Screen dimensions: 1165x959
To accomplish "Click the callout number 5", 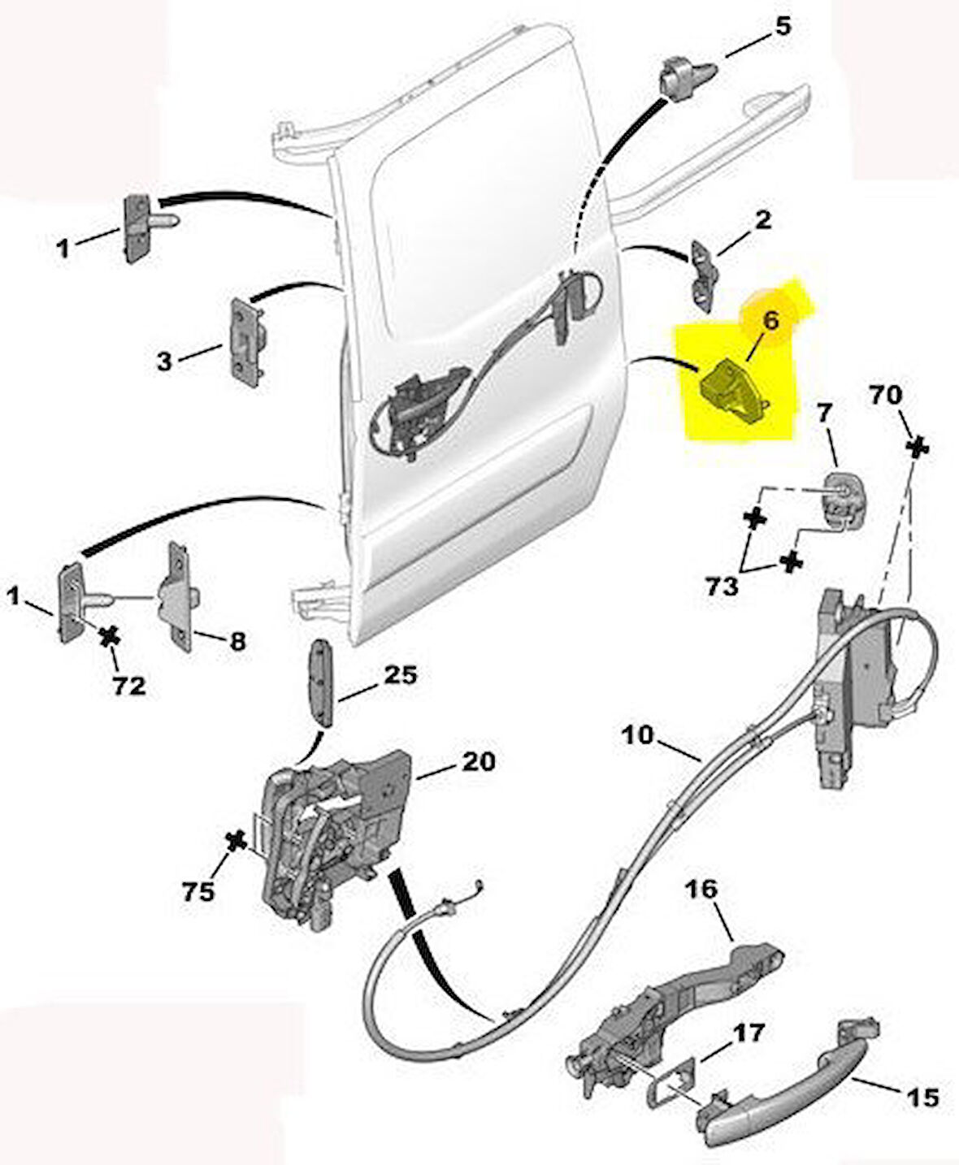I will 781,26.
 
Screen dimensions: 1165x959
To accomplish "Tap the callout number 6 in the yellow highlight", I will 770,320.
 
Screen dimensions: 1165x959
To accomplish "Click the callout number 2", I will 762,219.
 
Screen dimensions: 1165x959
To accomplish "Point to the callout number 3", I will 164,361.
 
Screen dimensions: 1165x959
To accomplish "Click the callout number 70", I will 885,396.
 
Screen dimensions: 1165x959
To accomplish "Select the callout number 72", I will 128,686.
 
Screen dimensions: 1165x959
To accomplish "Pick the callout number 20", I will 478,761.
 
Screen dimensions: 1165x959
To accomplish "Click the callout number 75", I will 198,891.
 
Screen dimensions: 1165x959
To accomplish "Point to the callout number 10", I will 638,735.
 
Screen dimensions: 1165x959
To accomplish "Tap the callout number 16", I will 702,890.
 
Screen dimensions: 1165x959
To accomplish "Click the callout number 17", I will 749,1033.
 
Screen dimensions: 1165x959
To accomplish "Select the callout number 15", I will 922,1098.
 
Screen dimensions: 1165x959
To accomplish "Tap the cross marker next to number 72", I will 107,637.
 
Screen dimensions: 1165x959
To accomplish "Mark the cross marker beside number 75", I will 236,842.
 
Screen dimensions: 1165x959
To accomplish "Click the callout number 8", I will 236,642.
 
